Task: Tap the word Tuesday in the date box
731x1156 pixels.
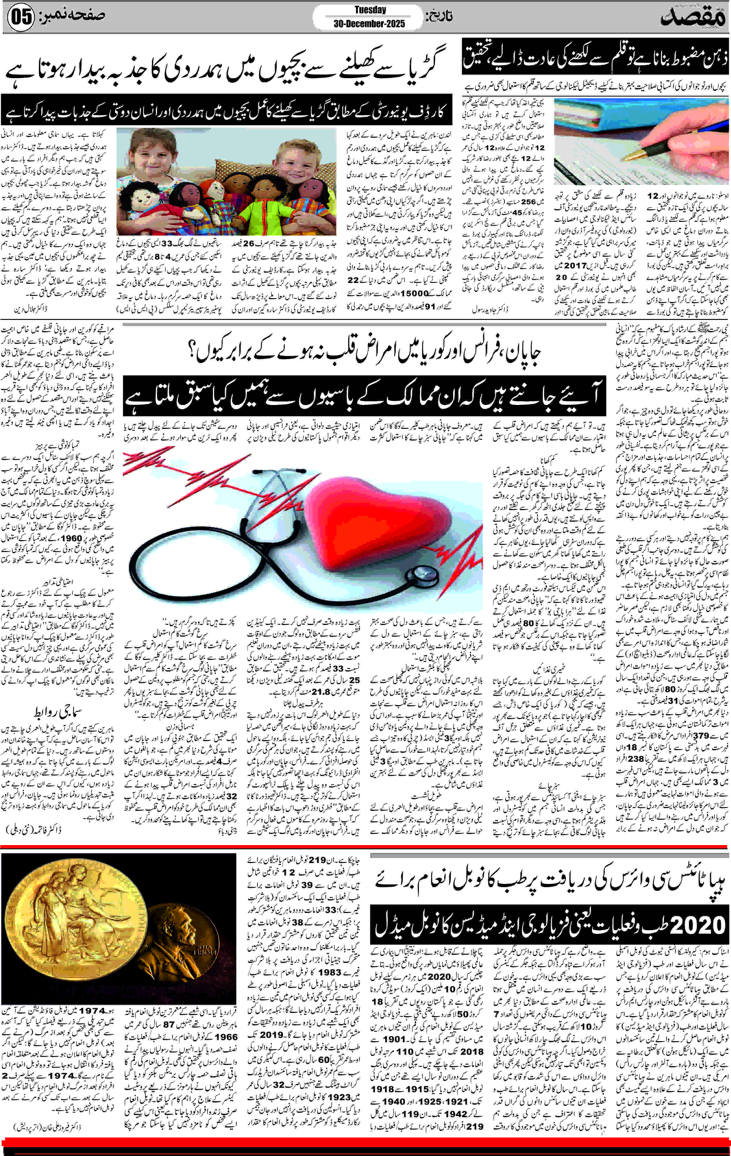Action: point(370,10)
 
